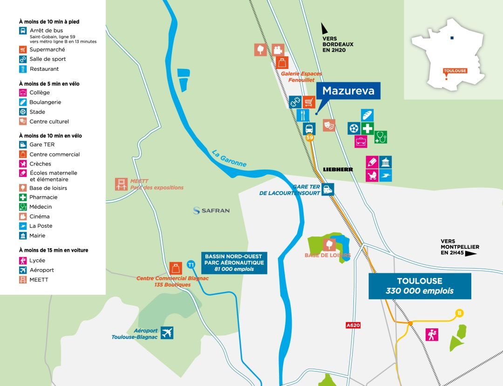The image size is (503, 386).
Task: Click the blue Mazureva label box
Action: [348, 91]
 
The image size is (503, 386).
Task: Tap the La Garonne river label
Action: [229, 158]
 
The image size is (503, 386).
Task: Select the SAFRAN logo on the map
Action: [211, 210]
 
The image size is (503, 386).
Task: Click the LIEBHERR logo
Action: [338, 169]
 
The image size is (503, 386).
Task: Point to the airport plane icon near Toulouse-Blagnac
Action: [167, 332]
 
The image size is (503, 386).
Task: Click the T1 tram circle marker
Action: [190, 265]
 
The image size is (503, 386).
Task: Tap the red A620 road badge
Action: [353, 325]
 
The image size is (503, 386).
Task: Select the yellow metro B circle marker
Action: [460, 313]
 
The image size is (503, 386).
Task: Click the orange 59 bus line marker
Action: [310, 138]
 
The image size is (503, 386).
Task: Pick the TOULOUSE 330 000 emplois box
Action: [420, 286]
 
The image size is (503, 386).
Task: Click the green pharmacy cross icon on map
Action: [367, 129]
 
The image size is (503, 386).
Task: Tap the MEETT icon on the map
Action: [122, 184]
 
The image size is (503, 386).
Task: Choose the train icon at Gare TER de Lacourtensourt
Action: [327, 190]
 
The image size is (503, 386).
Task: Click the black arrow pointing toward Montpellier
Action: [471, 254]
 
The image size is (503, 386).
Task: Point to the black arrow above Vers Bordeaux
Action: [325, 28]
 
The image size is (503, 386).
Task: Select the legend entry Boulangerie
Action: [45, 102]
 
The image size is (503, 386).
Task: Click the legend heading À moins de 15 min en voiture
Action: [54, 250]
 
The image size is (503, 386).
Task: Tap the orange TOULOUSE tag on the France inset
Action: [455, 71]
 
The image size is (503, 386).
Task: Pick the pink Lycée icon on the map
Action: [432, 334]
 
